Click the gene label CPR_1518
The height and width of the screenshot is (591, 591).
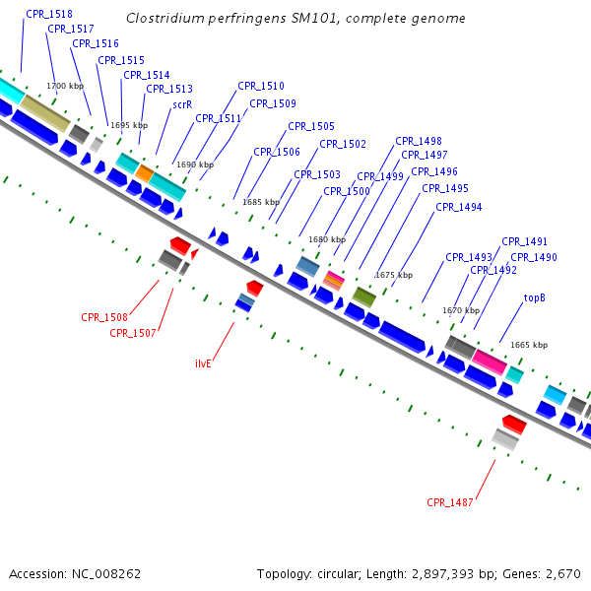(49, 14)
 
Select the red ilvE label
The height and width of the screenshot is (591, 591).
(204, 363)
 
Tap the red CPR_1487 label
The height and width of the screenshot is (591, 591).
(450, 502)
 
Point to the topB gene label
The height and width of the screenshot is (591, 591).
(535, 297)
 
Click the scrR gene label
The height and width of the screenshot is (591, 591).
(182, 103)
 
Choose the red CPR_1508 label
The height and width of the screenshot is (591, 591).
(104, 317)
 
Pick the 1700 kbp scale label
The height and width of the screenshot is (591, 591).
(64, 87)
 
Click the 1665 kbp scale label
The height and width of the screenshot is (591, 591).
(529, 345)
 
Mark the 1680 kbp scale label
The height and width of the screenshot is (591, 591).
(327, 239)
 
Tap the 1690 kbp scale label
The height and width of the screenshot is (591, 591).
(194, 164)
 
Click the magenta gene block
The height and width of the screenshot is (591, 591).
(489, 361)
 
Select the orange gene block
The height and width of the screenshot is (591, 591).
(144, 174)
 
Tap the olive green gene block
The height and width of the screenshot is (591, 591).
(363, 295)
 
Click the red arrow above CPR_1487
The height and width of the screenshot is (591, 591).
(513, 424)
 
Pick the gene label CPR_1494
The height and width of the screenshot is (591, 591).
(458, 207)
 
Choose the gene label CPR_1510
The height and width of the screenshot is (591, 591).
(261, 86)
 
